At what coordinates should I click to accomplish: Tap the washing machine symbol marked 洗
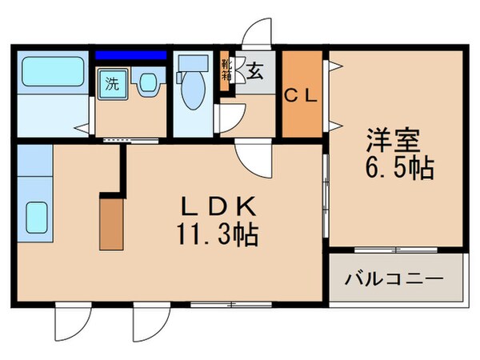coord(113,84)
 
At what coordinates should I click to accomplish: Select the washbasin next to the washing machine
coord(146,84)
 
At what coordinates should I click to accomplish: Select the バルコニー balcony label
coord(394,280)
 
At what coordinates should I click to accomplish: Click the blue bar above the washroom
coord(131,56)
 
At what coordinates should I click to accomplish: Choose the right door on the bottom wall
coord(150,326)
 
